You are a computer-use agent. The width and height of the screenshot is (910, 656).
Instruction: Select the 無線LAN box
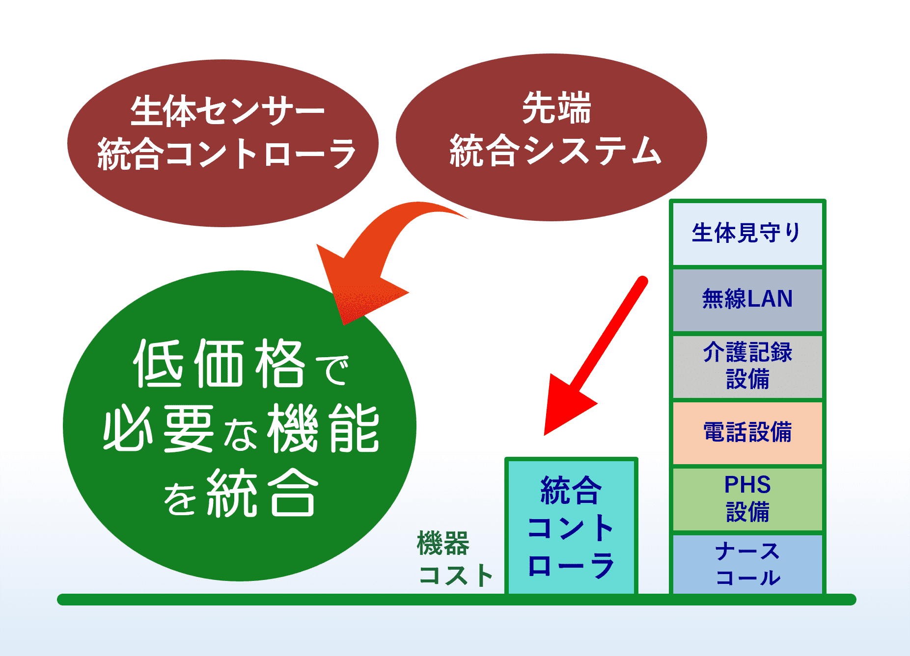747,300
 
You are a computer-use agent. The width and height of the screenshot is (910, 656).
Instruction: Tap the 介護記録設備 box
747,367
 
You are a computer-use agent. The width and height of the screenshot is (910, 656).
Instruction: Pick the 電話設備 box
747,433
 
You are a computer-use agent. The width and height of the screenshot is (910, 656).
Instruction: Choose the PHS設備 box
747,499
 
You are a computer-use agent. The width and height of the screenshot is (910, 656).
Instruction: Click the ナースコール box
747,564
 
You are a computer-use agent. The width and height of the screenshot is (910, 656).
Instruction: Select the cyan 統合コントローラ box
571,526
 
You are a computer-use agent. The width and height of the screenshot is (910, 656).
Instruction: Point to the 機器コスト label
455,559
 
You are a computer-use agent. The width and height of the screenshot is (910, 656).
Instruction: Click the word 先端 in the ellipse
556,108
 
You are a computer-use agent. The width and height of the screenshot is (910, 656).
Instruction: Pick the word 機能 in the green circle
324,428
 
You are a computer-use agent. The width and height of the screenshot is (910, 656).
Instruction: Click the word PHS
747,485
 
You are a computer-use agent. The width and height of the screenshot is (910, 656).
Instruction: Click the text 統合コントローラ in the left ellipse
226,154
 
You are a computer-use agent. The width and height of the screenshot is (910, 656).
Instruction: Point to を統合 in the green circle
239,493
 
